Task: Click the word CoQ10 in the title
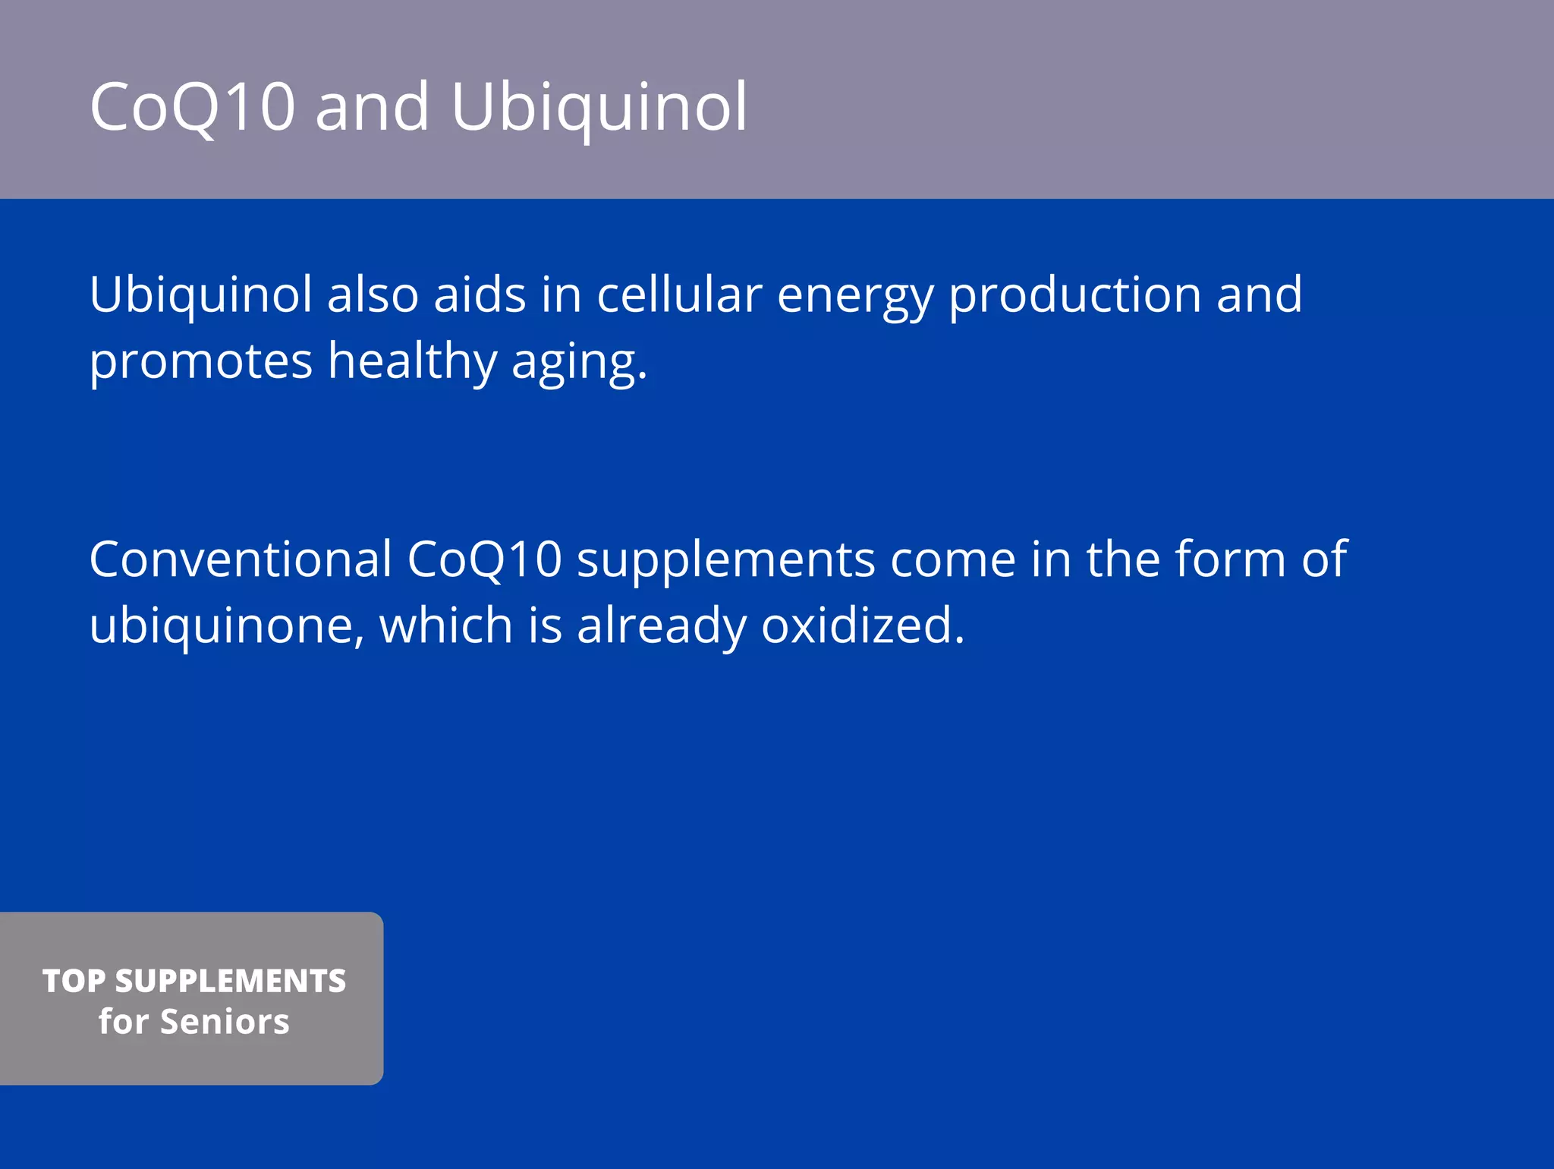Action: point(192,106)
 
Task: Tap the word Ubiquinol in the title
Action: point(599,106)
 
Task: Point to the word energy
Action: point(855,296)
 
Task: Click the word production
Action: point(1075,296)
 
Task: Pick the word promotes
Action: point(201,362)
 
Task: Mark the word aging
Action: point(579,363)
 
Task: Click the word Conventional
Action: point(241,559)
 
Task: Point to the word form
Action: point(1231,559)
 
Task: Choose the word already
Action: point(662,626)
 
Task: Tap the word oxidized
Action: point(863,625)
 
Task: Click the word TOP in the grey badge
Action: point(74,981)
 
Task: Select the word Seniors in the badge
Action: point(225,1022)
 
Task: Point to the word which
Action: point(446,625)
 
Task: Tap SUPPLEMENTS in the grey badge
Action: point(231,981)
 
